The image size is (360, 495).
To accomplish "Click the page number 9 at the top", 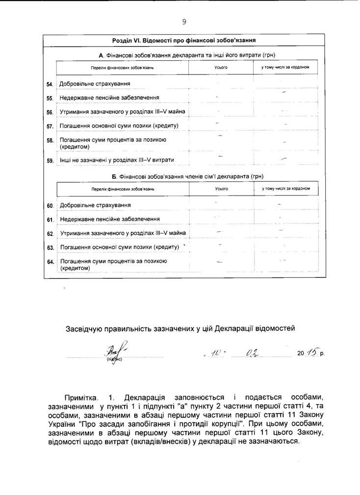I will (184, 22).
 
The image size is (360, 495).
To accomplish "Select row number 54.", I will (50, 84).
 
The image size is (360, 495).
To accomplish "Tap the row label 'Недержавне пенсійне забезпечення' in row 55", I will (109, 98).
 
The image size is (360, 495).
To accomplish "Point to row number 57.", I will (50, 126).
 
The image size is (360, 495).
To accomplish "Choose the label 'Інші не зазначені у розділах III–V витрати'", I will (117, 160).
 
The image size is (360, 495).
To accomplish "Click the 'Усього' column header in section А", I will (222, 67).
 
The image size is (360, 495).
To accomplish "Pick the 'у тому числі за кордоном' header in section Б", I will (286, 188).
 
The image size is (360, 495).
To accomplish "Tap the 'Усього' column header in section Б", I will (222, 188).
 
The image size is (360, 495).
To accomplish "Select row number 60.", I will (50, 205).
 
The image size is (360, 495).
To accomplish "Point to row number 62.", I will (50, 234).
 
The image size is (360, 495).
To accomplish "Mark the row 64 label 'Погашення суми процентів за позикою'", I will (113, 261).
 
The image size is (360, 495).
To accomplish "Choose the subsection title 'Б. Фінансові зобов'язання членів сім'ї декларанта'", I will (184, 176).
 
